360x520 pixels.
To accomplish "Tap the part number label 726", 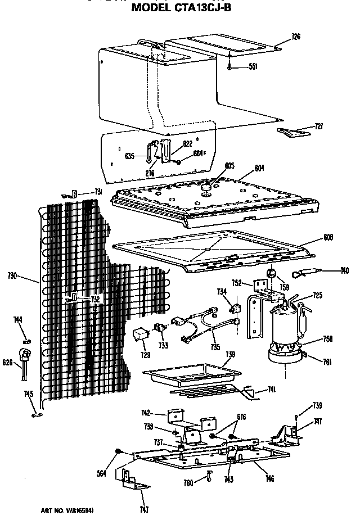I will coord(296,37).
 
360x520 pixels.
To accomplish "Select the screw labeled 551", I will coord(231,66).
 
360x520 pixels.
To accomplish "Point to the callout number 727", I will coord(318,126).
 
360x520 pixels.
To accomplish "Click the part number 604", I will coord(259,168).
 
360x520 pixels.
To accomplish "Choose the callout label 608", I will coord(328,237).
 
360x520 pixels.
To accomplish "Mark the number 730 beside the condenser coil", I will coord(28,275).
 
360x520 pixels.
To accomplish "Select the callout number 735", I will coord(215,348).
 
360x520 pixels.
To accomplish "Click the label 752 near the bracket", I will coord(237,284).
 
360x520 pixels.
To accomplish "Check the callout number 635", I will coord(129,156).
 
